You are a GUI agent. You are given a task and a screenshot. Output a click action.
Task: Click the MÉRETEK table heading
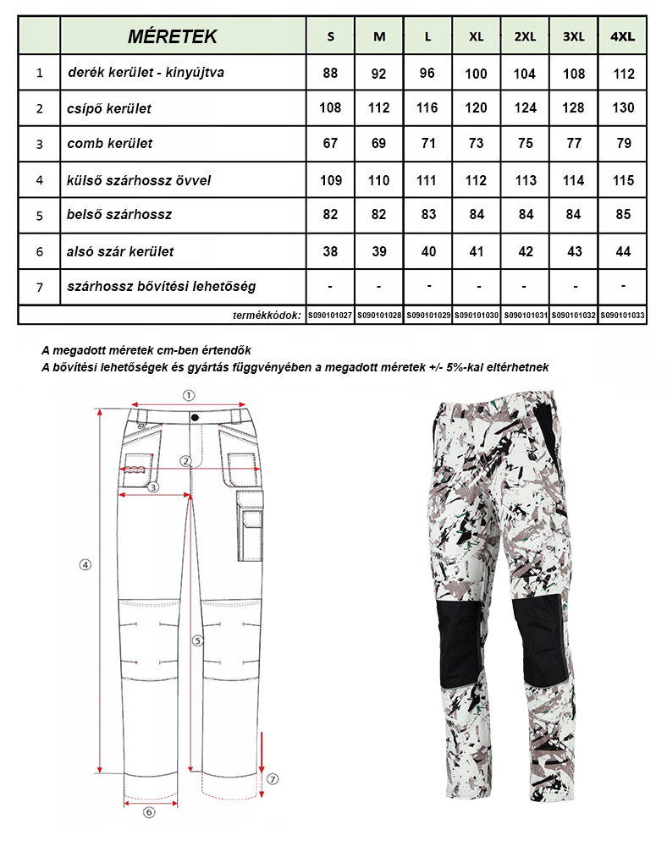pos(172,36)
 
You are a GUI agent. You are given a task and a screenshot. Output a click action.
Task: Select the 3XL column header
pos(574,36)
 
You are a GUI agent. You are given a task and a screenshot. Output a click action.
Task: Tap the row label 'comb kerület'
pos(110,144)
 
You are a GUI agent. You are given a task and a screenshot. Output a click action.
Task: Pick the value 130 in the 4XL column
pos(624,108)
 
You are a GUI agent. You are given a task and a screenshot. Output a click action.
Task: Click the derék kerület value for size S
pos(330,74)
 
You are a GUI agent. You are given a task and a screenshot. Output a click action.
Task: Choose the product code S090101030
pos(477,316)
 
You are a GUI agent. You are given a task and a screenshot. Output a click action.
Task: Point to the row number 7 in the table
pos(40,287)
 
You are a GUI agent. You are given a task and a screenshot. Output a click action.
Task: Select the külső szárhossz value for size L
pos(427,180)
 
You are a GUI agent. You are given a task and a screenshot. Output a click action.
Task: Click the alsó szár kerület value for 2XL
pos(525,251)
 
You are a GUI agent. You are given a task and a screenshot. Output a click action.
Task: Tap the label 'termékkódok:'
pos(267,316)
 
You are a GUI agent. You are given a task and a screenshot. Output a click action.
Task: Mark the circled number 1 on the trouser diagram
pos(189,394)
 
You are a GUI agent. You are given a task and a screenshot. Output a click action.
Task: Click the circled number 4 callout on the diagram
pos(85,565)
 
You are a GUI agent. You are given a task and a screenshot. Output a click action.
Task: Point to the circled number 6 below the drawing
pos(149,812)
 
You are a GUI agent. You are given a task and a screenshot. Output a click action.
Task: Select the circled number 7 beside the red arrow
pos(273,778)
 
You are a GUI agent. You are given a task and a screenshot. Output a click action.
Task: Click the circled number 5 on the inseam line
pos(196,641)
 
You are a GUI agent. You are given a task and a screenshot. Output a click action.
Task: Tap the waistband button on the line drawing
pos(195,416)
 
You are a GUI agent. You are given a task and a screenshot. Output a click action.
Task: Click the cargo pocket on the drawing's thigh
pos(251,529)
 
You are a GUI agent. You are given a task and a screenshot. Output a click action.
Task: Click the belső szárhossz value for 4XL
pos(624,215)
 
